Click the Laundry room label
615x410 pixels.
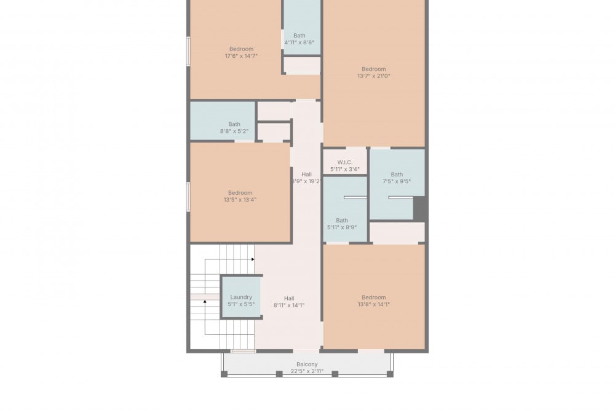(241, 297)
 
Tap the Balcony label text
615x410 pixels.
(307, 364)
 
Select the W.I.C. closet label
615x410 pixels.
(345, 162)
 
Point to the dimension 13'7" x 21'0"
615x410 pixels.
(374, 76)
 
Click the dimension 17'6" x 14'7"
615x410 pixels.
(241, 56)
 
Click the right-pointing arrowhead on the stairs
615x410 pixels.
(253, 259)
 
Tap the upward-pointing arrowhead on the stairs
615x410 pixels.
(205, 301)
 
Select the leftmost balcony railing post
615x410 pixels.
(224, 374)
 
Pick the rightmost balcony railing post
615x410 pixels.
(391, 374)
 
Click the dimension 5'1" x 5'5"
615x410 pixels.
(241, 304)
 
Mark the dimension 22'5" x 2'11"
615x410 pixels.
(307, 371)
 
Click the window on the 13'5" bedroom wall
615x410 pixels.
(188, 197)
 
